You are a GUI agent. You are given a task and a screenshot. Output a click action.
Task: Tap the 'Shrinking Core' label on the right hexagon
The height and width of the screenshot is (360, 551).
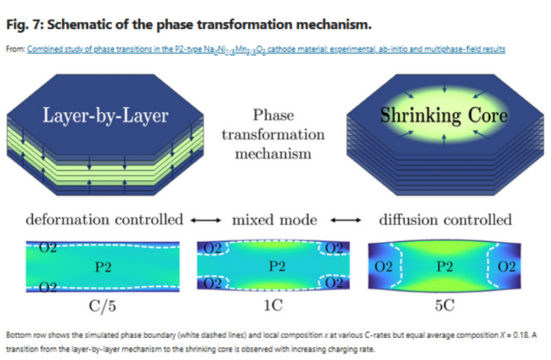(x=444, y=115)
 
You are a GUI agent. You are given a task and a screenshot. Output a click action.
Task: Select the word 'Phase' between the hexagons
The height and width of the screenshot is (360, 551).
(x=274, y=116)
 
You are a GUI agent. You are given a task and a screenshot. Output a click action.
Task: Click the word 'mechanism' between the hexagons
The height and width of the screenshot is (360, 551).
(x=274, y=153)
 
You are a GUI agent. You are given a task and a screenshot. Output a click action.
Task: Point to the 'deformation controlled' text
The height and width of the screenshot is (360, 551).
(x=105, y=220)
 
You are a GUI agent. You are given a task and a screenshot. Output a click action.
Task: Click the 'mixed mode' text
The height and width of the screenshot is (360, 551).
(x=275, y=220)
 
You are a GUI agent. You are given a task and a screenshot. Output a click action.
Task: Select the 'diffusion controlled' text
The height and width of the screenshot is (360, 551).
(x=446, y=220)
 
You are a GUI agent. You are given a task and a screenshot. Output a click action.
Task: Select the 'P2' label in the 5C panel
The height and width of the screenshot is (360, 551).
(x=445, y=267)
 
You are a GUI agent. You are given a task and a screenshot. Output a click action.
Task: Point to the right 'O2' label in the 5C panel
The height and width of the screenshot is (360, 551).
(x=506, y=267)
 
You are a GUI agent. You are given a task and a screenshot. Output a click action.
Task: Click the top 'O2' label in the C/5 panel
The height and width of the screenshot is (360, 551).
(x=49, y=249)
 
